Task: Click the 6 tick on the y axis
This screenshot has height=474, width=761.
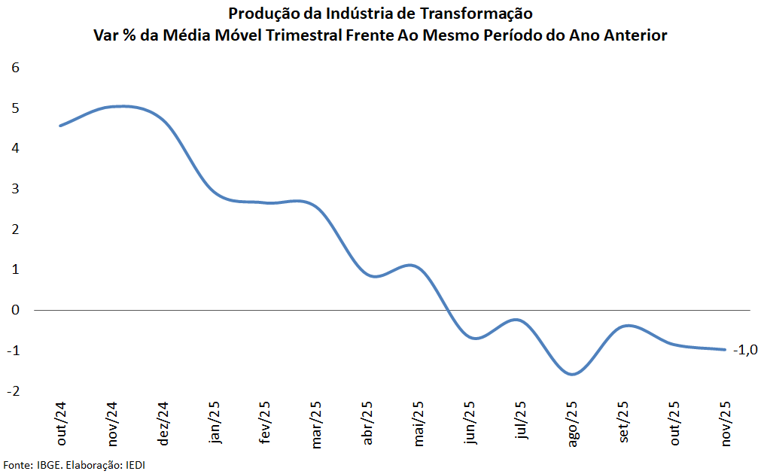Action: tap(14, 68)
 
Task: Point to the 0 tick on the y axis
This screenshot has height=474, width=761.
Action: tap(14, 310)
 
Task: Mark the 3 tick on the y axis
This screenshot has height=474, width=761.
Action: tap(14, 189)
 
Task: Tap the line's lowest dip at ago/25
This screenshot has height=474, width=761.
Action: tap(573, 374)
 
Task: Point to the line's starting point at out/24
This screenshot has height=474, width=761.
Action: tap(60, 126)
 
